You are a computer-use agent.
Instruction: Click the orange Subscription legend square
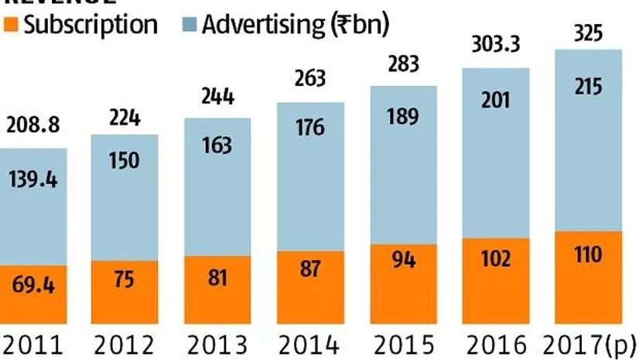pos(9,25)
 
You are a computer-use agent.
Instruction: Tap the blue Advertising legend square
pos(187,25)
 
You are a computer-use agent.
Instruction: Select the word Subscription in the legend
pos(90,25)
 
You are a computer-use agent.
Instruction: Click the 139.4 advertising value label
pos(32,180)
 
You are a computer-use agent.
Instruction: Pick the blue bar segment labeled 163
pos(217,186)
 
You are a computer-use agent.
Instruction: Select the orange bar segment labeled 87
pos(310,283)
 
